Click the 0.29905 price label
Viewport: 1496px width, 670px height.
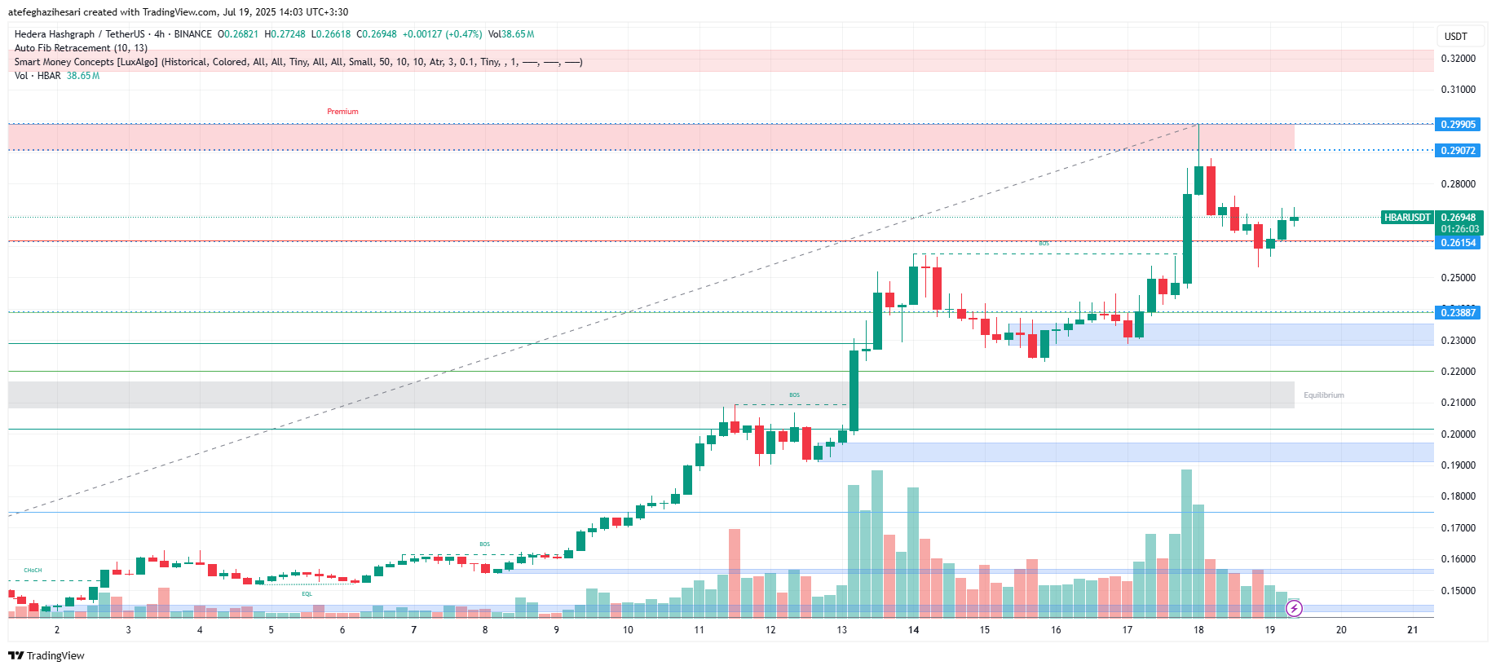point(1458,125)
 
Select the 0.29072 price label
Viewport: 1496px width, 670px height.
point(1458,151)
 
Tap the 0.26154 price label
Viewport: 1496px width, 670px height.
point(1458,243)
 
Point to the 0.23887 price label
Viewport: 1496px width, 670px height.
point(1458,313)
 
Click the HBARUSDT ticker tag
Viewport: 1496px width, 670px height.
point(1407,218)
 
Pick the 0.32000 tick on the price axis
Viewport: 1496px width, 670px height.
point(1458,59)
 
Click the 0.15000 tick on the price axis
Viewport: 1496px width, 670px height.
point(1458,590)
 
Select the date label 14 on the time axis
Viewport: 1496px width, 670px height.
point(913,630)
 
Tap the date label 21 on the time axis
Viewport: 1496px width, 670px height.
point(1412,630)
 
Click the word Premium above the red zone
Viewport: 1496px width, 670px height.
point(342,112)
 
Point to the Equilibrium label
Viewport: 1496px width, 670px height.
point(1323,395)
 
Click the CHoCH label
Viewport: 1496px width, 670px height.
point(33,571)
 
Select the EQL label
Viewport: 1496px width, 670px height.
point(307,594)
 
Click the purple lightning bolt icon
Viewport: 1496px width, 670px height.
point(1294,608)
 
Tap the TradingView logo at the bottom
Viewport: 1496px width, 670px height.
point(46,656)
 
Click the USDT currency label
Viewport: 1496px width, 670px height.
point(1455,37)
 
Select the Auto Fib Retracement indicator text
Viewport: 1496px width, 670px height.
point(81,48)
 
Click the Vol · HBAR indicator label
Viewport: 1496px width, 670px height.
point(38,76)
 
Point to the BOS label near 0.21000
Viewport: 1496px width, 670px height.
point(794,395)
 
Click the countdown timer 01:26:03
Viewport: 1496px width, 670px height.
point(1459,229)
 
